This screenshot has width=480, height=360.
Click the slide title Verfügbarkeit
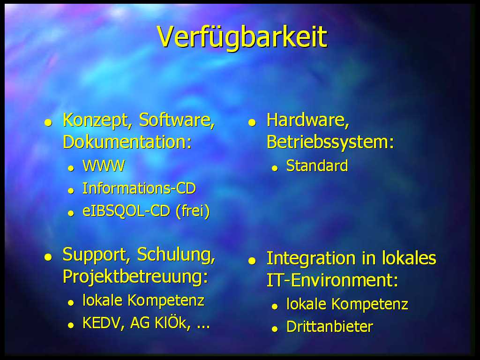pos(242,37)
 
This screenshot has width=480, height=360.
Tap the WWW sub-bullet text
pos(104,166)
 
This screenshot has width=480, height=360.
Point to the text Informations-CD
pos(139,188)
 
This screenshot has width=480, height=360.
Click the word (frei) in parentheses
pos(193,211)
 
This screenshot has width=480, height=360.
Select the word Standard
pos(317,165)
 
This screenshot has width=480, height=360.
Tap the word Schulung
pos(176,255)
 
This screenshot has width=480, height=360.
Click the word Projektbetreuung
pos(133,277)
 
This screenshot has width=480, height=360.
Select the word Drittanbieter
pos(330,327)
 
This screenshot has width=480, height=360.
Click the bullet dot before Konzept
pos(48,123)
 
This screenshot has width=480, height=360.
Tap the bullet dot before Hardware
pos(252,123)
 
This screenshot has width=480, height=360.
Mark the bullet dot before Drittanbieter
pos(275,329)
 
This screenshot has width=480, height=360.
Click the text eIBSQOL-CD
pos(126,211)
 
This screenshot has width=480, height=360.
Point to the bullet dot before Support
pos(48,257)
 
